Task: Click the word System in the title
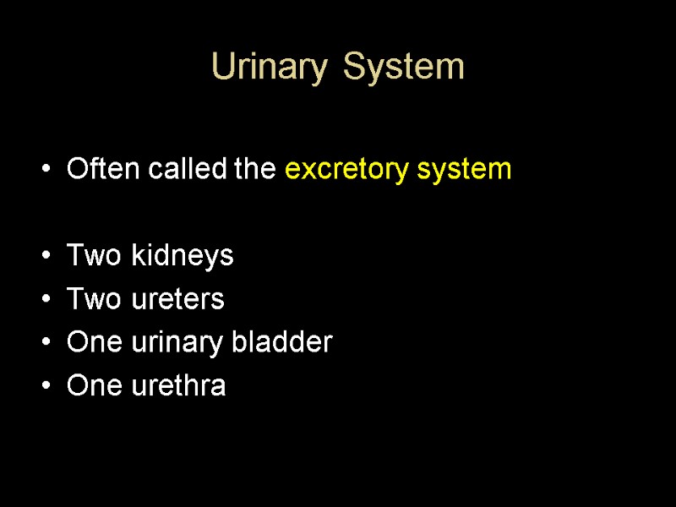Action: click(x=404, y=67)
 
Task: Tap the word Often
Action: click(x=104, y=170)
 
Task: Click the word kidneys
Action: click(x=183, y=256)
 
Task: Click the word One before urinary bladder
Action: click(x=95, y=343)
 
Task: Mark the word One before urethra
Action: click(x=95, y=386)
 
